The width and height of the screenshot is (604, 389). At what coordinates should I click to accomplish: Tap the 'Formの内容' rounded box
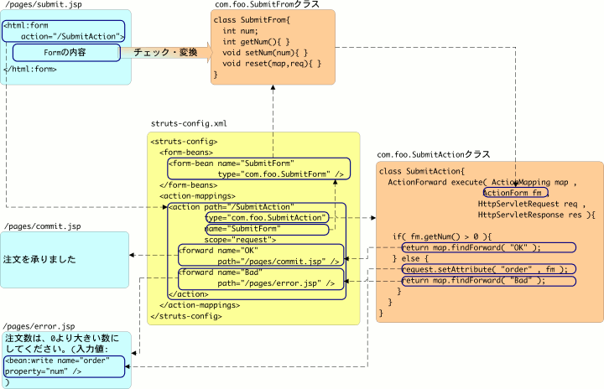tap(65, 53)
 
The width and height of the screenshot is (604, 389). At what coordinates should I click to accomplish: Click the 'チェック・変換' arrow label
tap(165, 53)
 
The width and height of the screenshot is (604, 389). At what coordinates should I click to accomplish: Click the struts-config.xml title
tap(189, 123)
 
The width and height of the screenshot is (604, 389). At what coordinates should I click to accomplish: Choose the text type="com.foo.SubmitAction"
tap(267, 217)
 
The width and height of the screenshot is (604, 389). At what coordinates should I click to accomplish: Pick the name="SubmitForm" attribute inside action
tap(243, 228)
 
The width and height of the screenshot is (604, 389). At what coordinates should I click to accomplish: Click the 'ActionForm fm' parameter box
tap(515, 193)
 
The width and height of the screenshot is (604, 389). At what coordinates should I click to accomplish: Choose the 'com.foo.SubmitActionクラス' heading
tap(434, 154)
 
